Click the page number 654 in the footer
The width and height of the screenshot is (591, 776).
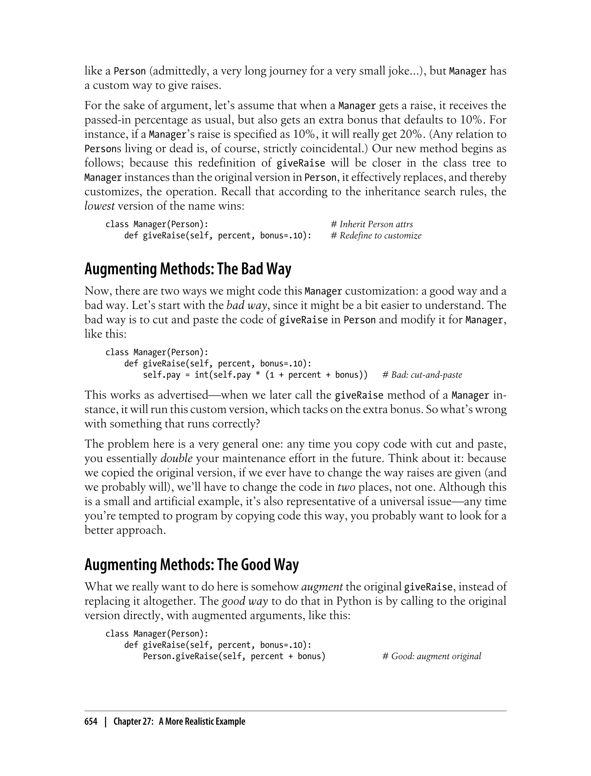(x=91, y=721)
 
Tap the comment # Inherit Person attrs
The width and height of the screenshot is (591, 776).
(x=372, y=224)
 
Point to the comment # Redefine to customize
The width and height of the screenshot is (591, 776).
(x=376, y=236)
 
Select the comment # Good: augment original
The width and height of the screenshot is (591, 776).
(x=432, y=656)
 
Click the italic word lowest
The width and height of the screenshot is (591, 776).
(x=100, y=206)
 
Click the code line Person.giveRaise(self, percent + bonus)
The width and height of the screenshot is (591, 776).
(x=234, y=656)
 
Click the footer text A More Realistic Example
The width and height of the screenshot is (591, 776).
(x=202, y=721)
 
